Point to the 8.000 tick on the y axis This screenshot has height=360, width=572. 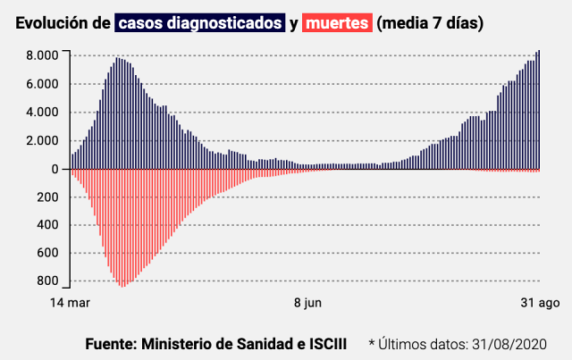(x=42, y=55)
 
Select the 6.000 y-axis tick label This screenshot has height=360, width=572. (x=42, y=84)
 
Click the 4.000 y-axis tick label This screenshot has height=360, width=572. (x=42, y=113)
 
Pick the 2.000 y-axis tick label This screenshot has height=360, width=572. (x=42, y=141)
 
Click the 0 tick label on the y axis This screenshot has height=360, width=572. (x=55, y=169)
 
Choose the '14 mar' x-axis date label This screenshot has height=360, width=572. (x=70, y=303)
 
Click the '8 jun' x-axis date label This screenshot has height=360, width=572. (x=307, y=303)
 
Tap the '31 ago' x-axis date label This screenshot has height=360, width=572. (x=541, y=303)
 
